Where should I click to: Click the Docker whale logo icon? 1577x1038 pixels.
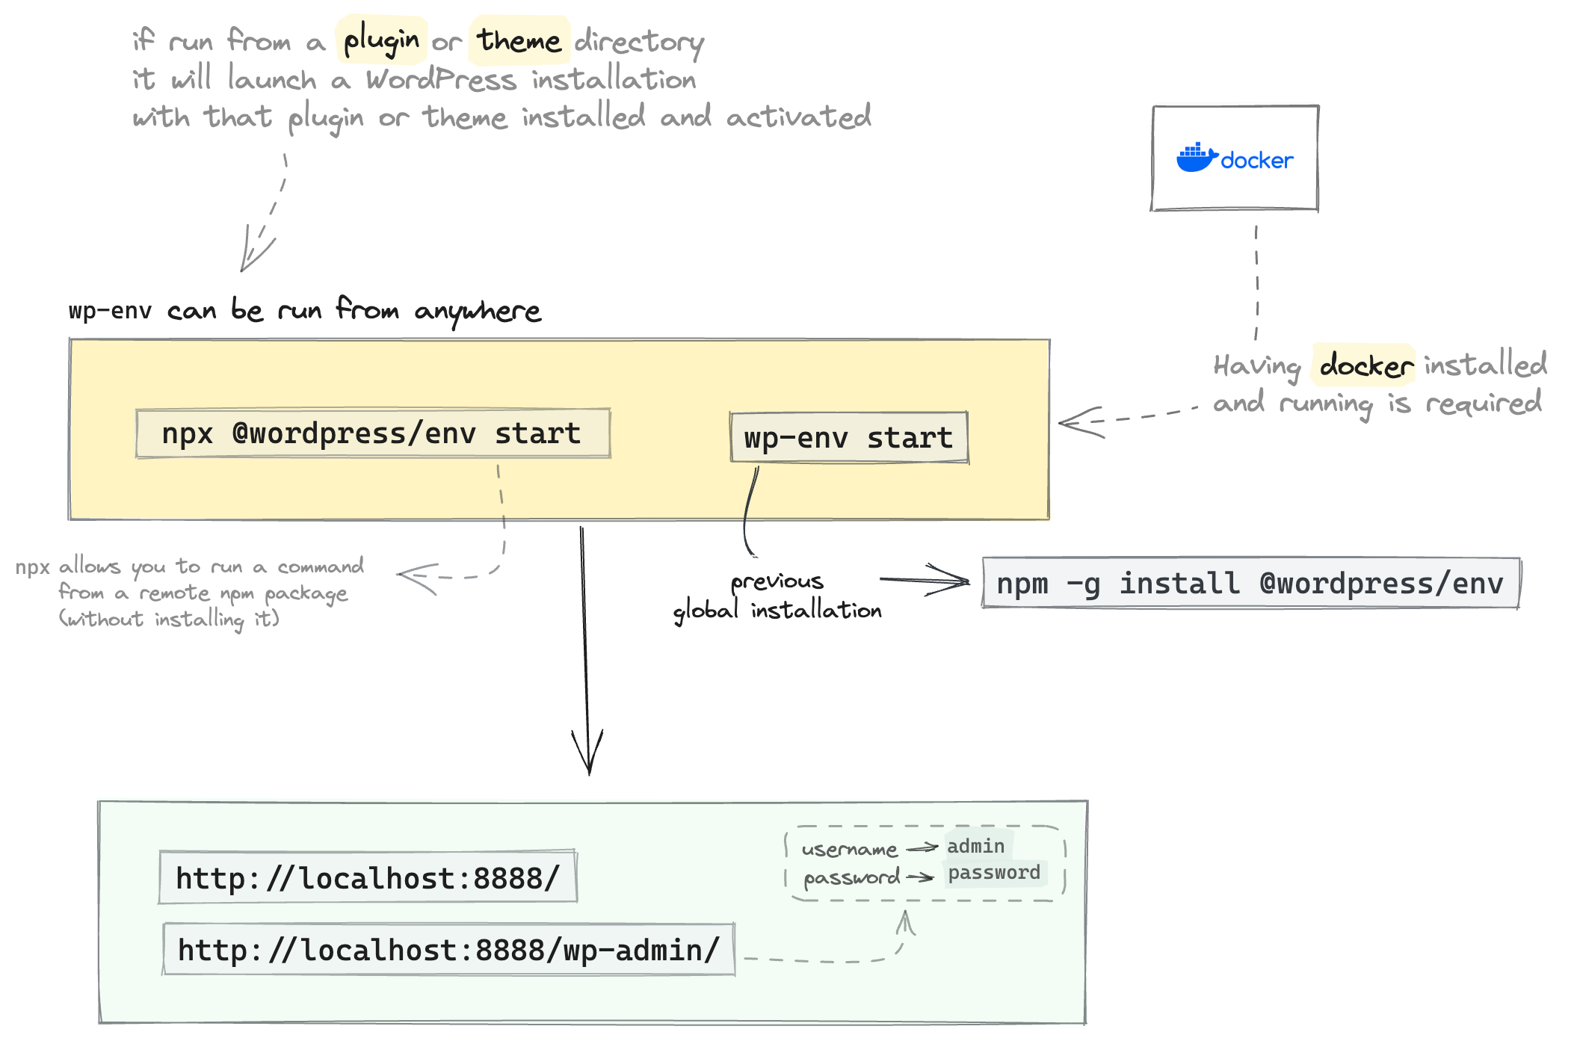click(x=1196, y=158)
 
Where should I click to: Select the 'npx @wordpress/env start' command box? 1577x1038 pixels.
click(x=372, y=433)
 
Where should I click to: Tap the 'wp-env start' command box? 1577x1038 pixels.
click(x=848, y=438)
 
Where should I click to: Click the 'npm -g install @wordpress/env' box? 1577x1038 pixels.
click(x=1250, y=583)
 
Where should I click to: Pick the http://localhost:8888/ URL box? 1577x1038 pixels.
click(x=368, y=877)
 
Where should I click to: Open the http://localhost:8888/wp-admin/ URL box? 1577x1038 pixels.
click(x=448, y=950)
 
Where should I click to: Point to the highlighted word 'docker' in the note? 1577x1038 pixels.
click(x=1365, y=365)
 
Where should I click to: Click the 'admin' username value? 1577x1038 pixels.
click(x=976, y=846)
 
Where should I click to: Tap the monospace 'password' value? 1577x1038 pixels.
click(x=994, y=873)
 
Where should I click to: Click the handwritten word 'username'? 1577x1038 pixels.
click(x=849, y=850)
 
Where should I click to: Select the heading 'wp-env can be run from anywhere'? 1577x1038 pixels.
click(x=305, y=309)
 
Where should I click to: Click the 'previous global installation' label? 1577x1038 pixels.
click(x=777, y=596)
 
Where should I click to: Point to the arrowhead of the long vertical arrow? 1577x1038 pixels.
click(x=589, y=766)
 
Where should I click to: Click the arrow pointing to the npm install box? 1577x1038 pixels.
click(x=927, y=580)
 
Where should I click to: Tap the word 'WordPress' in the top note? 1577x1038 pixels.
click(x=441, y=79)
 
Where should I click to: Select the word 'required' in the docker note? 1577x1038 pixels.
click(x=1484, y=404)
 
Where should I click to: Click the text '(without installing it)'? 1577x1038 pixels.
click(x=169, y=619)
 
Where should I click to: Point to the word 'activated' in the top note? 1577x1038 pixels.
click(x=798, y=117)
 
